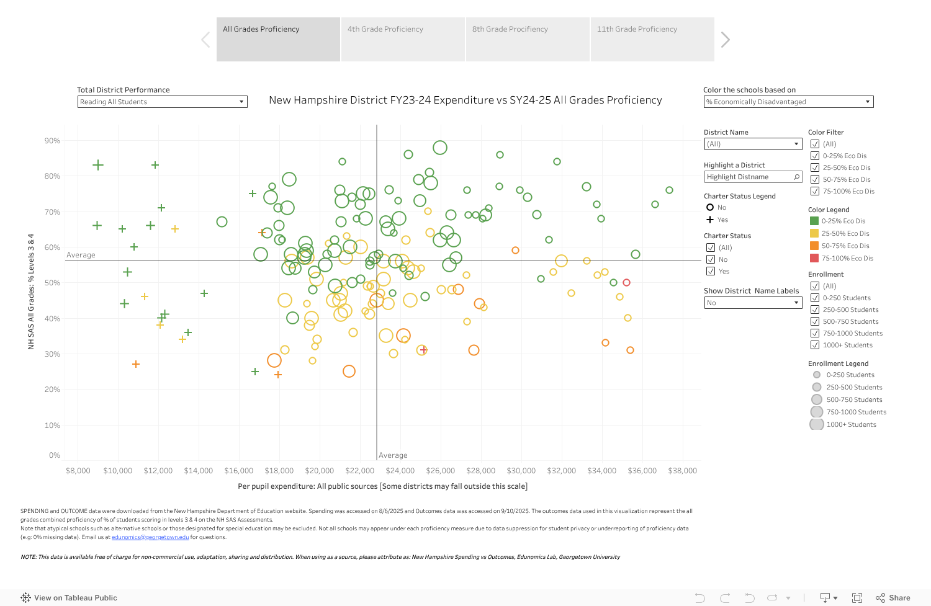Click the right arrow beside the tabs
pos(725,40)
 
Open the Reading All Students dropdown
pos(162,102)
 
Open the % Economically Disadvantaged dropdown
pos(788,102)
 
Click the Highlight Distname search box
pos(752,177)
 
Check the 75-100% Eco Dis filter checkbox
pos(815,191)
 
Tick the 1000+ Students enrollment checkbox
pos(815,345)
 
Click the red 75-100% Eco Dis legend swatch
pos(814,258)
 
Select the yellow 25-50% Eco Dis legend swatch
pos(814,233)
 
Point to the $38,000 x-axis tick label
pos(682,471)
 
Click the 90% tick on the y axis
pos(52,141)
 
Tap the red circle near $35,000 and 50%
pos(626,282)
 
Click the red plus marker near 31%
pos(423,350)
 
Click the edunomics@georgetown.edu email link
pos(150,537)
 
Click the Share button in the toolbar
pos(893,598)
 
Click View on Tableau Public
pos(69,598)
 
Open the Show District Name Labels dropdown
pos(753,303)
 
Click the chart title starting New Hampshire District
pos(465,100)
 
